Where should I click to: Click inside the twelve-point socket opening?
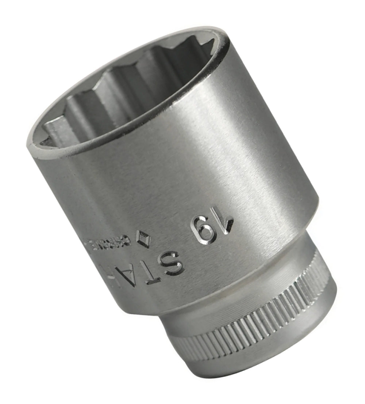pyautogui.click(x=124, y=91)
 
